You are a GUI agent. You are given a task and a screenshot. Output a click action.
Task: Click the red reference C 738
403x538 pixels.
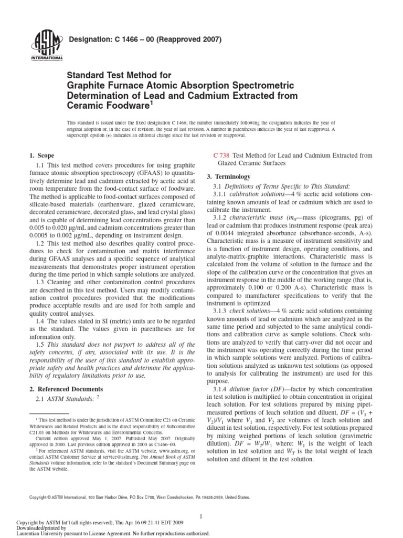(x=220, y=156)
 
